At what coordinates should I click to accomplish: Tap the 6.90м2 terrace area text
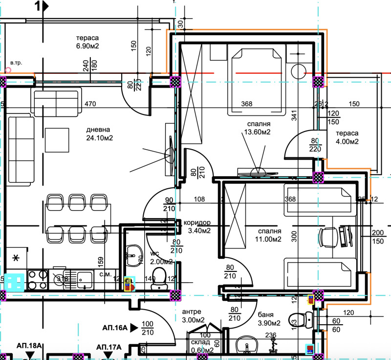pyautogui.click(x=88, y=47)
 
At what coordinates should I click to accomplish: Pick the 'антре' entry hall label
pyautogui.click(x=192, y=312)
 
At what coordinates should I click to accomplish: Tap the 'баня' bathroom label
pyautogui.click(x=265, y=315)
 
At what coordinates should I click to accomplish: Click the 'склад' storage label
pyautogui.click(x=200, y=342)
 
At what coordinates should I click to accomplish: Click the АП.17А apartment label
pyautogui.click(x=108, y=347)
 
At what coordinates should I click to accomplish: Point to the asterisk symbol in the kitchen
pyautogui.click(x=16, y=258)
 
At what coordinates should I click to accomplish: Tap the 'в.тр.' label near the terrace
pyautogui.click(x=16, y=63)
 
